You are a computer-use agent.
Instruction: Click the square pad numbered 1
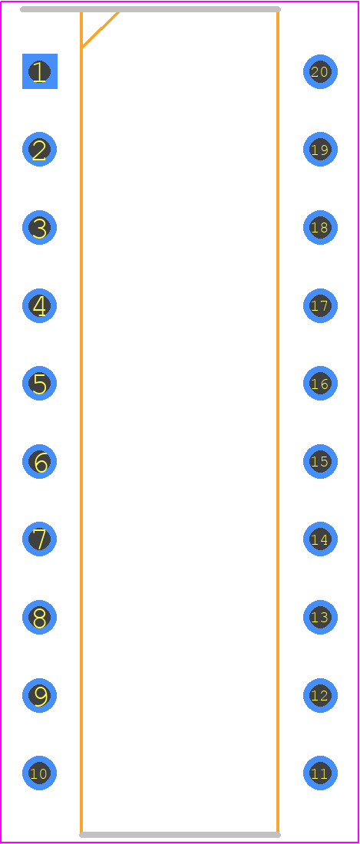tap(39, 71)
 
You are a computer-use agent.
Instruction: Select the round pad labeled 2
tap(39, 149)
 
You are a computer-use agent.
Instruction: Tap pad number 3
tap(39, 227)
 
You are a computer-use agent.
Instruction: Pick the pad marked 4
tap(39, 305)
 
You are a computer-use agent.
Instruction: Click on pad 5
tap(39, 383)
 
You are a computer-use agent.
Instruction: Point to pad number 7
tap(39, 539)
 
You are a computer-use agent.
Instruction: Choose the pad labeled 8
tap(39, 617)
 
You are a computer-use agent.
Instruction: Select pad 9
tap(39, 695)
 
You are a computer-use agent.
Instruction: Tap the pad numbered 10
tap(39, 773)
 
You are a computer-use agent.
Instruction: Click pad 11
tap(320, 773)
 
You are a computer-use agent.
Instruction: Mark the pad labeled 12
tap(320, 695)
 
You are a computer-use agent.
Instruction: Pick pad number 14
tap(320, 539)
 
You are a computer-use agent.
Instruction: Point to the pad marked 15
tap(320, 461)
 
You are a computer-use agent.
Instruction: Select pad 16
tap(320, 383)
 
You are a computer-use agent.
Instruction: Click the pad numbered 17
tap(320, 305)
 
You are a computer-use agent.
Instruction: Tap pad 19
tap(320, 149)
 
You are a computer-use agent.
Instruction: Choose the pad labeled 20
tap(320, 71)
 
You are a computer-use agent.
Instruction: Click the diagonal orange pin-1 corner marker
tap(100, 30)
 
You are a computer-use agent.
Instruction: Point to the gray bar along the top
tap(150, 9)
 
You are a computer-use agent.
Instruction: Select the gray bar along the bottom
tap(180, 835)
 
